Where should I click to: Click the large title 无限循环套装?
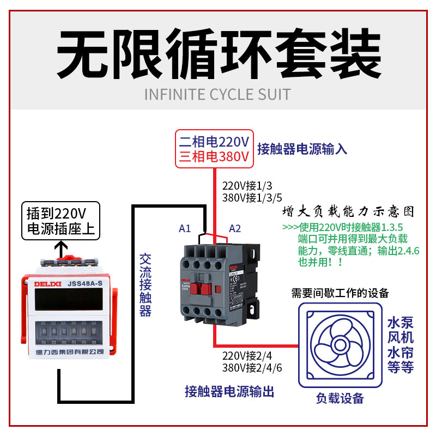click(x=218, y=55)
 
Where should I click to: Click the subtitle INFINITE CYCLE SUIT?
click(x=217, y=94)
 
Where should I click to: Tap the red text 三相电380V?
click(x=214, y=157)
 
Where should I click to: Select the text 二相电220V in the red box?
click(x=214, y=142)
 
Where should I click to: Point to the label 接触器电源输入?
click(x=302, y=149)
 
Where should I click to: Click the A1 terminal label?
click(x=185, y=228)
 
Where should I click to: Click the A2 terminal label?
click(x=235, y=228)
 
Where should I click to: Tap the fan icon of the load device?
click(x=338, y=344)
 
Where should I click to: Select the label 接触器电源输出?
click(x=229, y=391)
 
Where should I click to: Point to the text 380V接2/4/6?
click(x=252, y=367)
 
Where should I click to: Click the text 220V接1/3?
click(x=244, y=185)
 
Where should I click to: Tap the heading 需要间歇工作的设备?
click(x=340, y=293)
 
